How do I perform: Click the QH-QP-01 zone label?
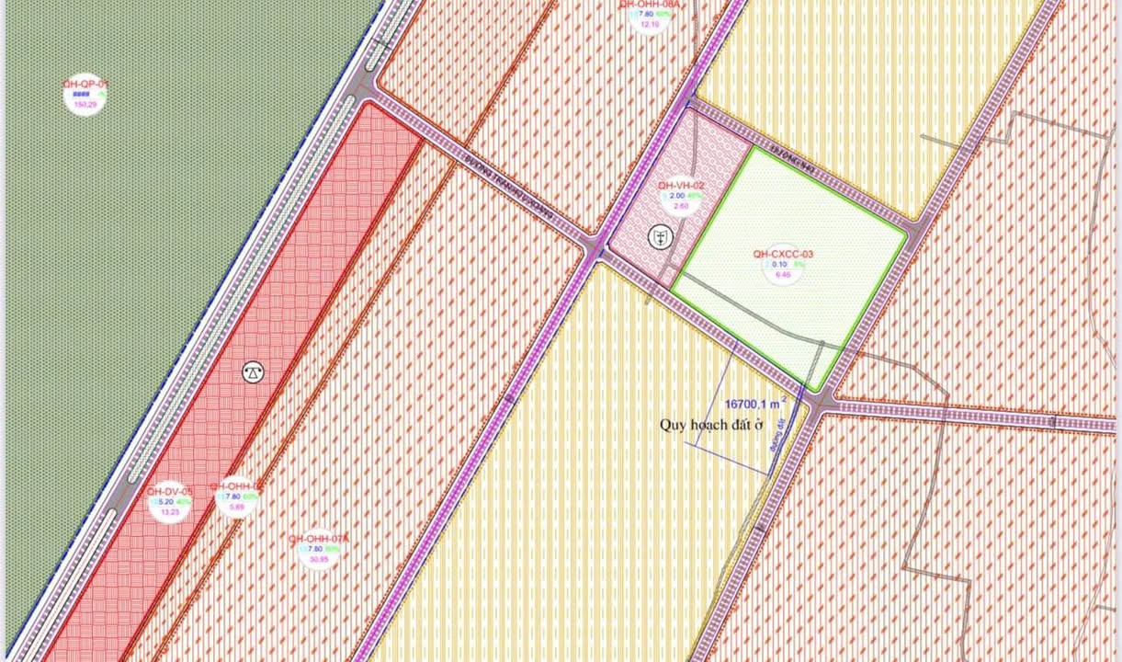pyautogui.click(x=85, y=84)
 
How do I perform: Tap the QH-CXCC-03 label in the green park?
pyautogui.click(x=783, y=255)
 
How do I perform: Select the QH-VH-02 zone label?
pyautogui.click(x=681, y=185)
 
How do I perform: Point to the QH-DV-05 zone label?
pyautogui.click(x=169, y=490)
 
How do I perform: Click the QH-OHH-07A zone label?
pyautogui.click(x=318, y=539)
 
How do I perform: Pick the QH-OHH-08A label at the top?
pyautogui.click(x=650, y=5)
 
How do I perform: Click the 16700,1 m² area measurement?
pyautogui.click(x=753, y=403)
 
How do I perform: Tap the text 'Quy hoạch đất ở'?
pyautogui.click(x=711, y=425)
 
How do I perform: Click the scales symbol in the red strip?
pyautogui.click(x=253, y=372)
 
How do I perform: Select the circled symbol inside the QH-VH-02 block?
pyautogui.click(x=659, y=237)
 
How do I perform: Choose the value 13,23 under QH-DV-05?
pyautogui.click(x=169, y=512)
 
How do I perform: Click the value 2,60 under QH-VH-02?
pyautogui.click(x=681, y=206)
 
